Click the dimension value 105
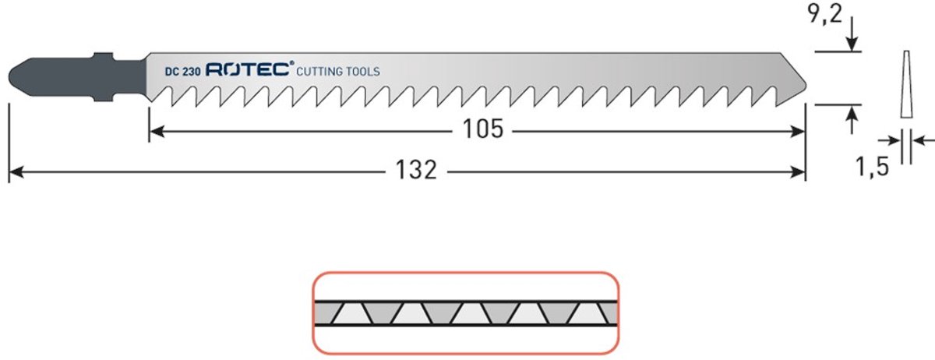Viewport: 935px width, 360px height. (x=483, y=129)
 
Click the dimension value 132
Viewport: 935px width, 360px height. (x=416, y=170)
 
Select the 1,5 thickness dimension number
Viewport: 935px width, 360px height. (x=872, y=166)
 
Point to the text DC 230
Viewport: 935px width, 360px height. (x=182, y=72)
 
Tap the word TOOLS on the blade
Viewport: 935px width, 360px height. (x=365, y=72)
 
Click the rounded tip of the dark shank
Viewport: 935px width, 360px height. (x=10, y=76)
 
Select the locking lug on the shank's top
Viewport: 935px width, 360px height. (x=103, y=56)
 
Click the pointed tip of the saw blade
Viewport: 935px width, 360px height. (x=805, y=86)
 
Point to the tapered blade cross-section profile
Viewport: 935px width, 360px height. (x=906, y=84)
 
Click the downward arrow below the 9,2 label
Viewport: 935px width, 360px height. (x=852, y=34)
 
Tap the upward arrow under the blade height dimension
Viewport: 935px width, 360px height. (x=852, y=120)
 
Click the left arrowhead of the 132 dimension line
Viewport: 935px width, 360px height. (x=16, y=171)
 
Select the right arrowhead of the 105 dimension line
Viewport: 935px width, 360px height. (x=798, y=132)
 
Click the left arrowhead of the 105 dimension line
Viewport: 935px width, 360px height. (x=157, y=132)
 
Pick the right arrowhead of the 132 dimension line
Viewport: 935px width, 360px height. (x=798, y=171)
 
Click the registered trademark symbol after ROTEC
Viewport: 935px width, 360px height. (x=291, y=63)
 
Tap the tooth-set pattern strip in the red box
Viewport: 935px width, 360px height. (x=466, y=313)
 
